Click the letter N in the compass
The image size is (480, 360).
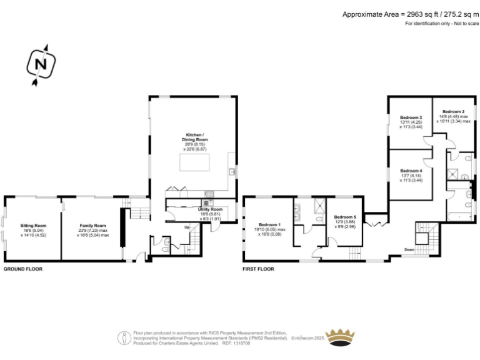click(41, 64)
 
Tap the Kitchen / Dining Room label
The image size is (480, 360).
click(193, 136)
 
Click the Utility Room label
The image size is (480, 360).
click(210, 209)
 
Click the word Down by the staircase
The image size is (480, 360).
click(409, 249)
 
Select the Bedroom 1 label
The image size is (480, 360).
click(270, 224)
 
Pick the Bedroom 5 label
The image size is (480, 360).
click(345, 217)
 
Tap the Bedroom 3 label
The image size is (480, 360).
click(411, 117)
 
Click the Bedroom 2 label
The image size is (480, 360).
click(454, 111)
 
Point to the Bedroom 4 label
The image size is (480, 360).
click(411, 171)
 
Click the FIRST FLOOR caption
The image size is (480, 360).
click(258, 269)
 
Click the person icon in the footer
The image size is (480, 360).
click(125, 338)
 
